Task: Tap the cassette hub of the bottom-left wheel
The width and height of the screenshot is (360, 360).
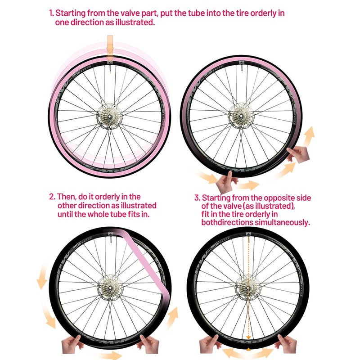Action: pyautogui.click(x=110, y=288)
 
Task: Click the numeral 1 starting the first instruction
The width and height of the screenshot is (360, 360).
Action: pyautogui.click(x=51, y=13)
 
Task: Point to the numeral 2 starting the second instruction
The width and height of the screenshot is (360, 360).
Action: pyautogui.click(x=52, y=197)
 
